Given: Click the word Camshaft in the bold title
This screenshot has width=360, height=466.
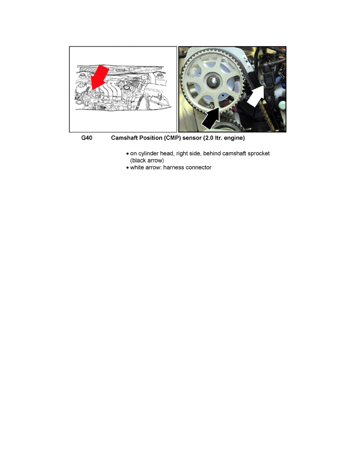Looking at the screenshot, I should (x=125, y=138).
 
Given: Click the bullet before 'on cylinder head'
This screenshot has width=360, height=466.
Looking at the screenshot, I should (x=127, y=154).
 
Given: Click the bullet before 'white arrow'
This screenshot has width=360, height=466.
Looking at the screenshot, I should (x=127, y=168).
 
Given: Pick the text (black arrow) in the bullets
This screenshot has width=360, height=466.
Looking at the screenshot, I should (x=147, y=160).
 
